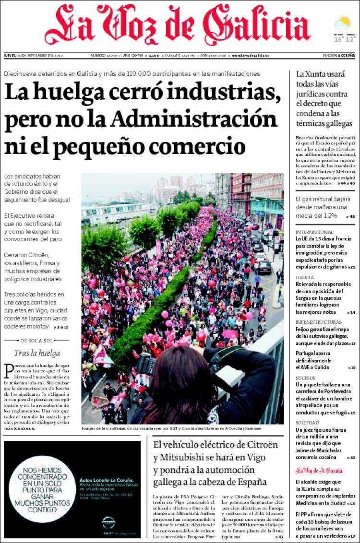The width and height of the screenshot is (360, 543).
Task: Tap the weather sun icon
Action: pyautogui.click(x=344, y=23)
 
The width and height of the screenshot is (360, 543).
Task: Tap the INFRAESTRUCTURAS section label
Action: pyautogui.click(x=319, y=322)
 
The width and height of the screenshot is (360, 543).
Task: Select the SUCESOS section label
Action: pyautogui.click(x=305, y=378)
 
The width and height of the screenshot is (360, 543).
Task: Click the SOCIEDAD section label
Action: pyautogui.click(x=307, y=423)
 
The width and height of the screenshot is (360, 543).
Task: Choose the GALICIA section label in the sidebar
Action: pyautogui.click(x=305, y=277)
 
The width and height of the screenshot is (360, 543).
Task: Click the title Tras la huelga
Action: pyautogui.click(x=37, y=353)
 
